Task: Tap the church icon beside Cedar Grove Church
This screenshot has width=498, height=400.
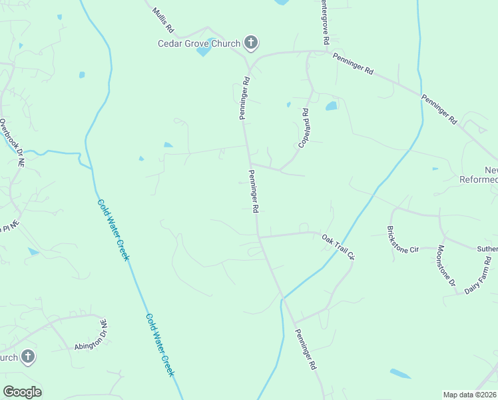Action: pos(251,44)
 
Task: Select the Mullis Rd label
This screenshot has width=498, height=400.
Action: pos(162,21)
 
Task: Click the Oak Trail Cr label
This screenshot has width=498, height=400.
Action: pos(340,247)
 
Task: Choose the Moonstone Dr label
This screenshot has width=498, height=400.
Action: pos(445,266)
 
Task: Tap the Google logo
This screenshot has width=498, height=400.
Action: pos(22,392)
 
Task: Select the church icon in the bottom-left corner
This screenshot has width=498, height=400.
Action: pos(28,357)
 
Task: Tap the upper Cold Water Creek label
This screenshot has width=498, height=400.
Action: pos(113,230)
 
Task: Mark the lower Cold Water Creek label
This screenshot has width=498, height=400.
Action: pos(160,345)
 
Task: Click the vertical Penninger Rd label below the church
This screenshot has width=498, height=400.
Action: pos(244,99)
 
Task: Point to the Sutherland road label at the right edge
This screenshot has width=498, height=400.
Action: pos(487,249)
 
